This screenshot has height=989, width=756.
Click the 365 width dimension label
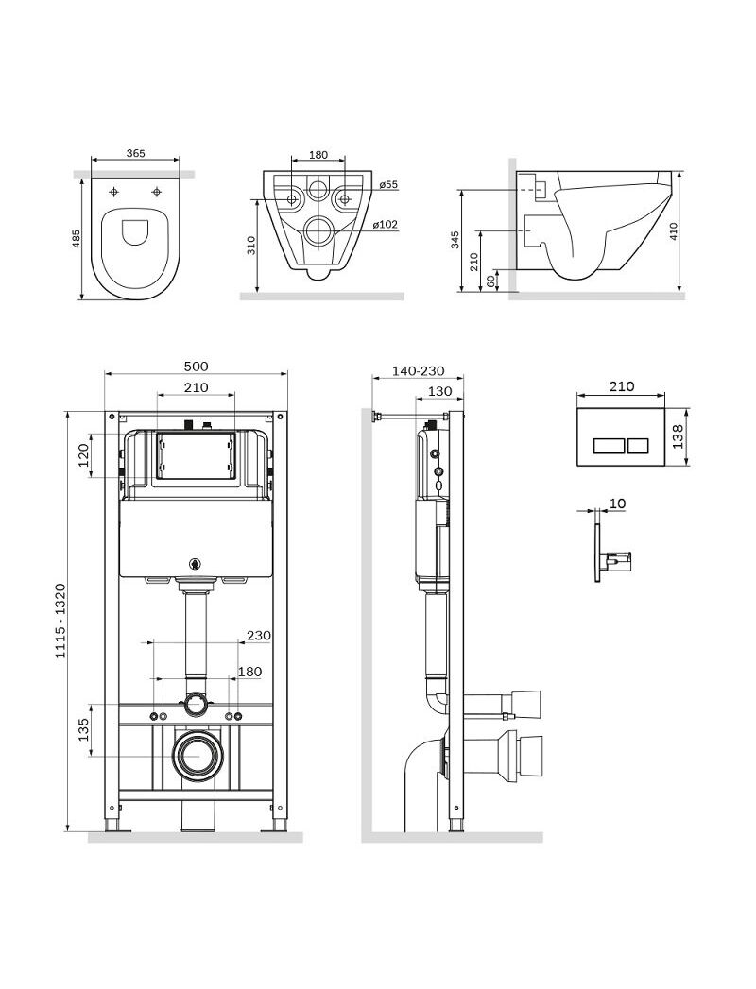(136, 153)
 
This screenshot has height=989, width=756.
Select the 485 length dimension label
(77, 238)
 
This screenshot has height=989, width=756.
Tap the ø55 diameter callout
(388, 185)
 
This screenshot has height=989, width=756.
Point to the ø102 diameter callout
(385, 224)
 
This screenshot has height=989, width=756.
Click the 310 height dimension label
(250, 246)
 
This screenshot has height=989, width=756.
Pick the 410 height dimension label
(674, 231)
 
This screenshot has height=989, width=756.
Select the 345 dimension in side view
(455, 240)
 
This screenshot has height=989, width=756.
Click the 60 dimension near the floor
(491, 281)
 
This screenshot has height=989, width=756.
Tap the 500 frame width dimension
(196, 367)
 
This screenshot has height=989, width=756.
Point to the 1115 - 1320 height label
(60, 622)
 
